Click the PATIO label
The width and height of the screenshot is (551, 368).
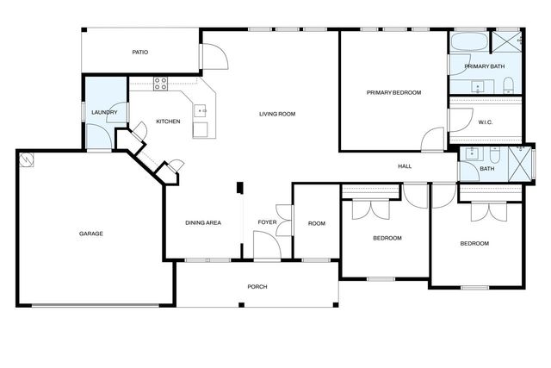pos(140,53)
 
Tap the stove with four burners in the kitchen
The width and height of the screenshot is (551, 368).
pos(160,84)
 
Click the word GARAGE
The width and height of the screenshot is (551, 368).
pos(91,234)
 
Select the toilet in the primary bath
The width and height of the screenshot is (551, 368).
pos(508,84)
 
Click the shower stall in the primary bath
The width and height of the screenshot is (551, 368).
pos(508,41)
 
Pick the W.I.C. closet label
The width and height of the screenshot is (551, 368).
pos(485,122)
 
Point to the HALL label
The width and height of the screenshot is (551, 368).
pos(405,166)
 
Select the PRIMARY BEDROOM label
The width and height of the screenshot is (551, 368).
pos(393,92)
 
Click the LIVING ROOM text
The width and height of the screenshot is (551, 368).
pos(277,114)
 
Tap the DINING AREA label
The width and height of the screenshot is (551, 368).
pos(203,223)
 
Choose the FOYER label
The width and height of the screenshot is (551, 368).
pos(267,223)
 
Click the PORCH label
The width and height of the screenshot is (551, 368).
pos(257,286)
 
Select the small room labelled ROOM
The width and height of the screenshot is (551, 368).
pos(317,224)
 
